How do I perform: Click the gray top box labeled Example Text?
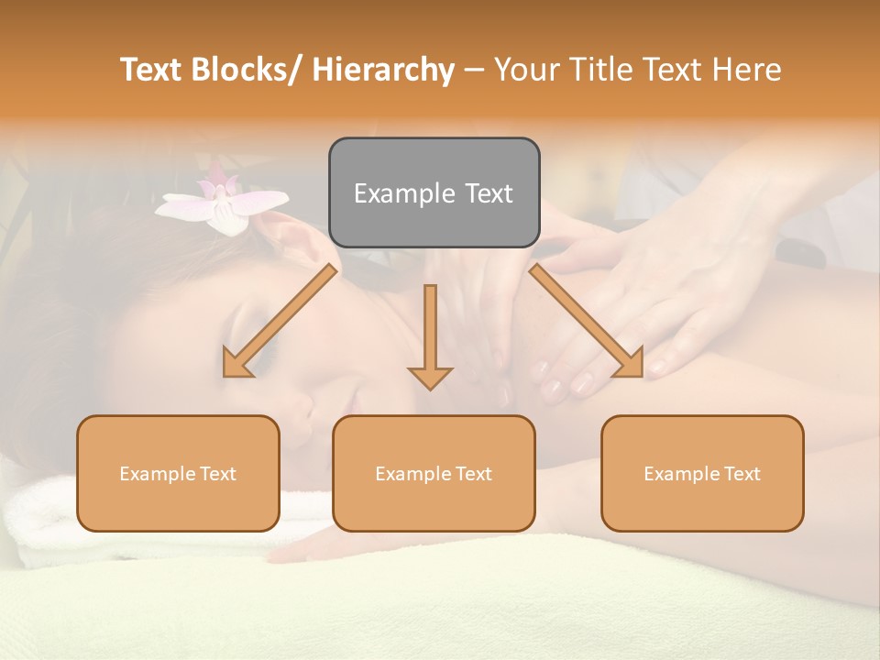tap(434, 192)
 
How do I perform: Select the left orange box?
tap(178, 473)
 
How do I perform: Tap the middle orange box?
tap(434, 473)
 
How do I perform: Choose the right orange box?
tap(702, 473)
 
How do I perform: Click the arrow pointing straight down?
tap(430, 335)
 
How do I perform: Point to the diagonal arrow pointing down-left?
tap(280, 321)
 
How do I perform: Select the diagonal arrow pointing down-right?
tap(587, 321)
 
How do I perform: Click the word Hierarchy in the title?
tap(383, 71)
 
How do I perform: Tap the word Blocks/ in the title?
tap(247, 71)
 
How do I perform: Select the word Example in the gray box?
tap(390, 193)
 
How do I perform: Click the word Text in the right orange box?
tap(741, 473)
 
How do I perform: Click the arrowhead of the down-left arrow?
tap(236, 364)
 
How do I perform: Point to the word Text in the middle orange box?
tap(472, 473)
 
